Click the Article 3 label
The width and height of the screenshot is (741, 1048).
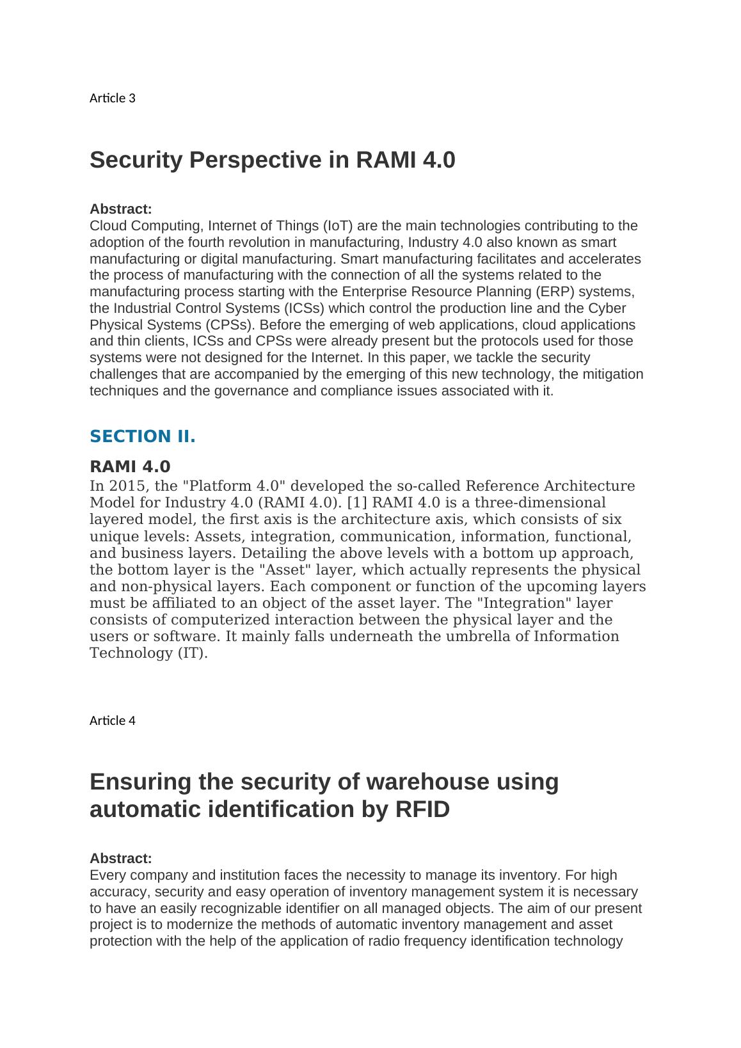point(112,98)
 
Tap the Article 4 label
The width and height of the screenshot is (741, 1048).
point(112,720)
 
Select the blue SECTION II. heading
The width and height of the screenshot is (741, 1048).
point(142,436)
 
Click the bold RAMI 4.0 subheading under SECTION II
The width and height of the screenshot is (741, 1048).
point(130,466)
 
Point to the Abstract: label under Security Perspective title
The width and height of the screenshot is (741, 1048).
point(120,209)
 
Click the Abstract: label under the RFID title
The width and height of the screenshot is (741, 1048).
point(120,858)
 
